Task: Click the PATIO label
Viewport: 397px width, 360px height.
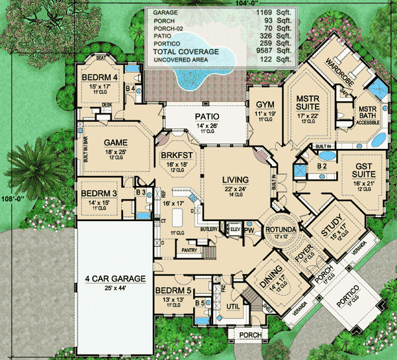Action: pyautogui.click(x=206, y=116)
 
